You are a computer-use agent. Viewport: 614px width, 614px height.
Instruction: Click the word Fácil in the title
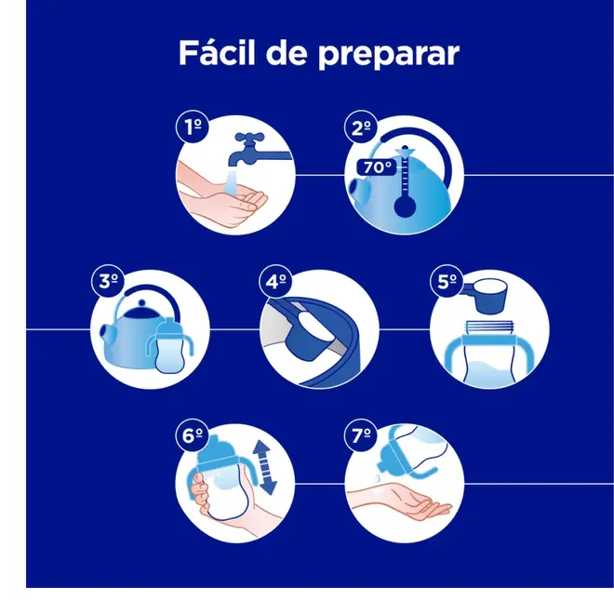(217, 52)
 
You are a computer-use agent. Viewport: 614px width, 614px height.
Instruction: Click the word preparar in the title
(389, 55)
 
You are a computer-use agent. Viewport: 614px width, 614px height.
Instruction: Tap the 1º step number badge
(193, 127)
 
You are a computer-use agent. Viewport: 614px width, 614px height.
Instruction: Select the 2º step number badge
(361, 127)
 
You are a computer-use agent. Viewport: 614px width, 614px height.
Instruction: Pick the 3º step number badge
(108, 281)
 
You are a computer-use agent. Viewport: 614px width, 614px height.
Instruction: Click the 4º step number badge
(275, 281)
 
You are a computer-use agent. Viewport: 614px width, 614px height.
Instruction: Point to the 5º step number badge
(447, 281)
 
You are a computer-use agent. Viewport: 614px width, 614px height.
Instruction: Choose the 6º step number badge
(192, 434)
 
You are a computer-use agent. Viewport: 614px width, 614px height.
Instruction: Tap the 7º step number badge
(361, 434)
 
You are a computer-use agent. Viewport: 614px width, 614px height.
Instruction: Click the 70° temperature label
(377, 167)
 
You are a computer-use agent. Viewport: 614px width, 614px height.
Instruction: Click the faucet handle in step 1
(249, 139)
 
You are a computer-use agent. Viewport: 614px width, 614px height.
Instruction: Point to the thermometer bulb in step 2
(405, 206)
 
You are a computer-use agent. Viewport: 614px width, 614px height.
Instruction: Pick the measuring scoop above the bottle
(487, 296)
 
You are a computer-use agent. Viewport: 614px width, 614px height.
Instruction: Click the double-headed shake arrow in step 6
(265, 466)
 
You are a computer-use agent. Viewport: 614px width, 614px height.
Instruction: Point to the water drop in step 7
(377, 478)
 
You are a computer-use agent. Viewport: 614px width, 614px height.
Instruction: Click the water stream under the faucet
(232, 180)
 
